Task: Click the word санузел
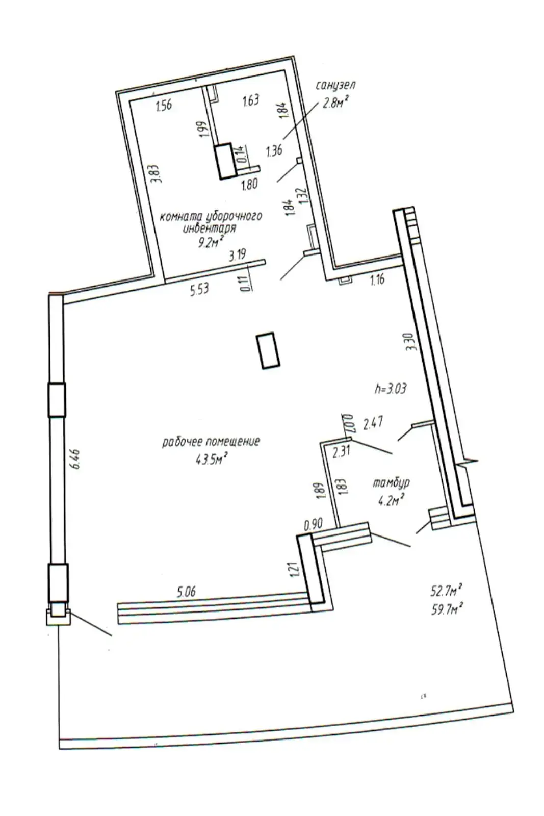pyautogui.click(x=335, y=85)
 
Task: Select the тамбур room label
pyautogui.click(x=391, y=482)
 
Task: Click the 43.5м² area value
pyautogui.click(x=211, y=460)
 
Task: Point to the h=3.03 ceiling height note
pyautogui.click(x=390, y=389)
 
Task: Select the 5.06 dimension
pyautogui.click(x=186, y=592)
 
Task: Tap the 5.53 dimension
pyautogui.click(x=199, y=290)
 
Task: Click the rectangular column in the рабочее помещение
pyautogui.click(x=268, y=350)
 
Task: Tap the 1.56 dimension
pyautogui.click(x=164, y=106)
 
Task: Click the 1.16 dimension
pyautogui.click(x=377, y=279)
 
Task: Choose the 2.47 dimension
pyautogui.click(x=373, y=423)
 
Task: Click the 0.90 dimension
pyautogui.click(x=313, y=524)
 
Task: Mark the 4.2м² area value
pyautogui.click(x=391, y=500)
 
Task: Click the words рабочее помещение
pyautogui.click(x=211, y=441)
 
